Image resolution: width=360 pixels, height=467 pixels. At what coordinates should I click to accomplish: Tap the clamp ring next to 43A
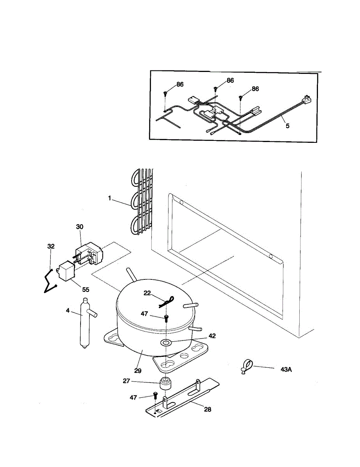tap(246, 366)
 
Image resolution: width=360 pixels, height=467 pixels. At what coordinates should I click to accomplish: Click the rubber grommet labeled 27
tap(165, 384)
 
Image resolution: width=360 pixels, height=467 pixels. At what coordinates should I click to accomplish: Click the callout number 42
tap(211, 335)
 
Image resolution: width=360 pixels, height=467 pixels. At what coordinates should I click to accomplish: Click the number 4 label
tap(68, 311)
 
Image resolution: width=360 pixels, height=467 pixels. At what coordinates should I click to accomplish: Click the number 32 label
tap(51, 246)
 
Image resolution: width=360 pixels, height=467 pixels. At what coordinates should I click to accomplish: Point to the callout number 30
tap(79, 226)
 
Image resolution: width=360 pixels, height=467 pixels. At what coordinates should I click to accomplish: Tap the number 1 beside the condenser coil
tap(110, 198)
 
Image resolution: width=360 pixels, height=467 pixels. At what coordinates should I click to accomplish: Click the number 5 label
tap(288, 126)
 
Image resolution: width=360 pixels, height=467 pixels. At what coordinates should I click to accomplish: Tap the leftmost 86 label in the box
tap(179, 84)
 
